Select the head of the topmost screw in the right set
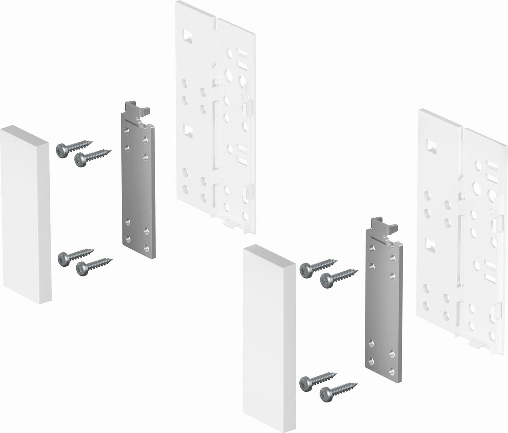pyautogui.click(x=306, y=270)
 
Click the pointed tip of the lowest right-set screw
pyautogui.click(x=357, y=384)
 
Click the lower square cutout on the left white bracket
pyautogui.click(x=187, y=129)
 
